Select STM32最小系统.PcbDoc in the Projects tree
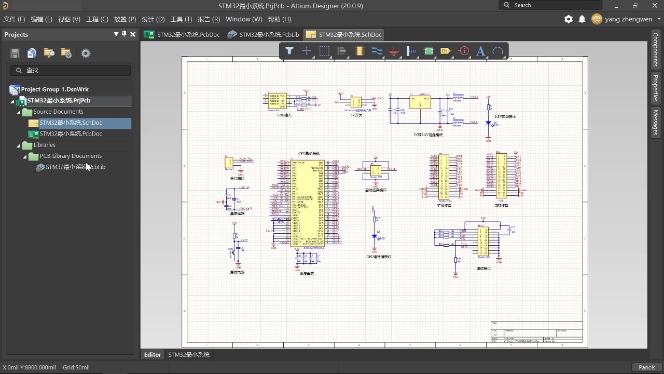tap(71, 134)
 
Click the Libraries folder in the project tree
tap(44, 145)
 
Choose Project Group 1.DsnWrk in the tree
tap(54, 89)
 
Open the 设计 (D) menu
tap(153, 19)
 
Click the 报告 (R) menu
tap(209, 19)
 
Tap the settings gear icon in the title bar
tap(569, 19)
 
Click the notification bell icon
tap(582, 19)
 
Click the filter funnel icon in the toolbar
tap(289, 51)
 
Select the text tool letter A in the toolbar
tap(480, 51)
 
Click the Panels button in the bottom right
tap(647, 367)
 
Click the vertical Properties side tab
tap(656, 88)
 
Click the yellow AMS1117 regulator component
tap(420, 102)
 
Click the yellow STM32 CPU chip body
tap(308, 203)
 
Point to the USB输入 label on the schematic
tap(284, 115)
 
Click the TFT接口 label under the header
tap(501, 206)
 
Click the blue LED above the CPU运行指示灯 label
tap(375, 237)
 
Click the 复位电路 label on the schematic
tap(237, 272)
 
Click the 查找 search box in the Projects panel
tap(71, 70)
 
